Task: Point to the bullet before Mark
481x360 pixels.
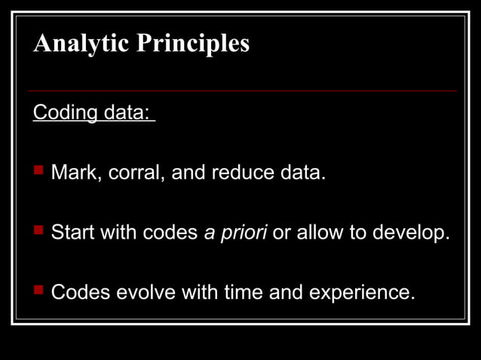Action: point(38,172)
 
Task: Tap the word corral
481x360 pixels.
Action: point(136,173)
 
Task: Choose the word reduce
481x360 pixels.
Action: point(244,173)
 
